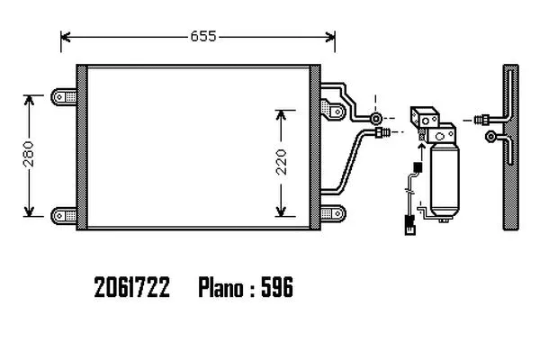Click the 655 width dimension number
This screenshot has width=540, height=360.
click(x=203, y=36)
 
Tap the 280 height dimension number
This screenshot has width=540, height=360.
click(x=29, y=154)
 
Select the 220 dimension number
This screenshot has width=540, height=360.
click(x=282, y=162)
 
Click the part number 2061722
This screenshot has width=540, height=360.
click(x=132, y=287)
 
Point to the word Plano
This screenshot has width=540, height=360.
click(x=220, y=287)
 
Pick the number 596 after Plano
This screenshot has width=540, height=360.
click(x=277, y=287)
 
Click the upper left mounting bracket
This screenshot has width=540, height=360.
click(x=64, y=97)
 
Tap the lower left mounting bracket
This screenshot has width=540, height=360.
click(x=64, y=216)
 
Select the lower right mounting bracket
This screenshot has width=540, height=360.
click(x=333, y=213)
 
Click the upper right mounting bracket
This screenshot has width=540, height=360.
click(x=333, y=110)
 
